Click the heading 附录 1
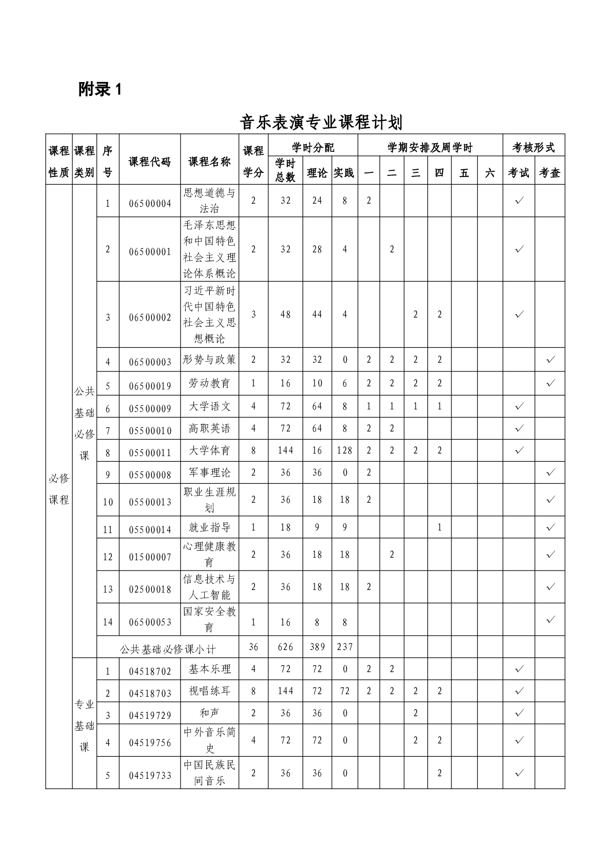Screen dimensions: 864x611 click(x=101, y=90)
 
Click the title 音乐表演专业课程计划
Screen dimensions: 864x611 click(x=321, y=123)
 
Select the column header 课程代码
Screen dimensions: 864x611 click(x=149, y=162)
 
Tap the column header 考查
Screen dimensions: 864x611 click(x=549, y=173)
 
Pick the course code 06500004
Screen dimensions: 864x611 click(x=150, y=203)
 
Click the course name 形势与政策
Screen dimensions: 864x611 click(x=209, y=360)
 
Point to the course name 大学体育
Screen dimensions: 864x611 click(x=209, y=450)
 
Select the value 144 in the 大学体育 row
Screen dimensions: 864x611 click(x=285, y=450)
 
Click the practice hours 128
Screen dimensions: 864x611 click(x=344, y=450)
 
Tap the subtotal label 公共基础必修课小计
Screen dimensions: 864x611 click(x=168, y=649)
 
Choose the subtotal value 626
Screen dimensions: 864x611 click(x=285, y=647)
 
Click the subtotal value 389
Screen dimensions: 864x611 click(x=317, y=647)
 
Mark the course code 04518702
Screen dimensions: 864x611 click(x=150, y=671)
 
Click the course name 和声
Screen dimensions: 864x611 click(x=209, y=713)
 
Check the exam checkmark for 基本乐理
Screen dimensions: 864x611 click(x=519, y=669)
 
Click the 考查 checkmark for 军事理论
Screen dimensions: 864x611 click(x=550, y=472)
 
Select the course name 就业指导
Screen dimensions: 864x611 click(x=209, y=527)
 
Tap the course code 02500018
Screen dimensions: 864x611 click(x=150, y=589)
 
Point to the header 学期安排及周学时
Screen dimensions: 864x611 click(x=430, y=148)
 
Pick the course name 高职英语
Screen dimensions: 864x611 click(x=209, y=428)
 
